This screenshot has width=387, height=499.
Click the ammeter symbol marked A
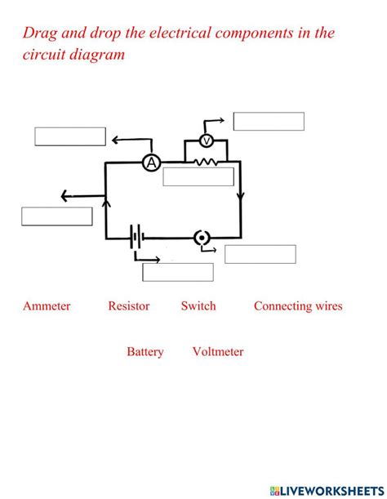pyautogui.click(x=151, y=163)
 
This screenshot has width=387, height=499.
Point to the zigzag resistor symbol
pyautogui.click(x=205, y=163)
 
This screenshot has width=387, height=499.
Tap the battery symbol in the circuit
pyautogui.click(x=136, y=238)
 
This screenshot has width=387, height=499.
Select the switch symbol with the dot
pyautogui.click(x=202, y=238)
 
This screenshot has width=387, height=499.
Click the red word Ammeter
pyautogui.click(x=47, y=306)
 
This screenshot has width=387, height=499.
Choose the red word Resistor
pyautogui.click(x=129, y=306)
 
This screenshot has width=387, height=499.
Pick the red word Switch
pyautogui.click(x=198, y=306)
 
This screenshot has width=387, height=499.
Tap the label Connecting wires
pyautogui.click(x=298, y=306)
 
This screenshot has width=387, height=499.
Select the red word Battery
pyautogui.click(x=145, y=352)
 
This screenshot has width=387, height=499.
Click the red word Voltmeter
pyautogui.click(x=218, y=352)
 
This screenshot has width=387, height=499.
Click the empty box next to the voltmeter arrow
pyautogui.click(x=269, y=122)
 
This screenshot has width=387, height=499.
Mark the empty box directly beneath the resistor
pyautogui.click(x=198, y=177)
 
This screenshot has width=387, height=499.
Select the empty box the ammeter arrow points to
pyautogui.click(x=70, y=136)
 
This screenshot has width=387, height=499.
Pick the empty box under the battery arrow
pyautogui.click(x=178, y=272)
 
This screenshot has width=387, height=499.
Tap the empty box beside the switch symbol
pyautogui.click(x=260, y=254)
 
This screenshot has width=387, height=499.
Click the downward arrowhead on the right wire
pyautogui.click(x=240, y=196)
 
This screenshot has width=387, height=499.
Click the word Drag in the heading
pyautogui.click(x=40, y=33)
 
